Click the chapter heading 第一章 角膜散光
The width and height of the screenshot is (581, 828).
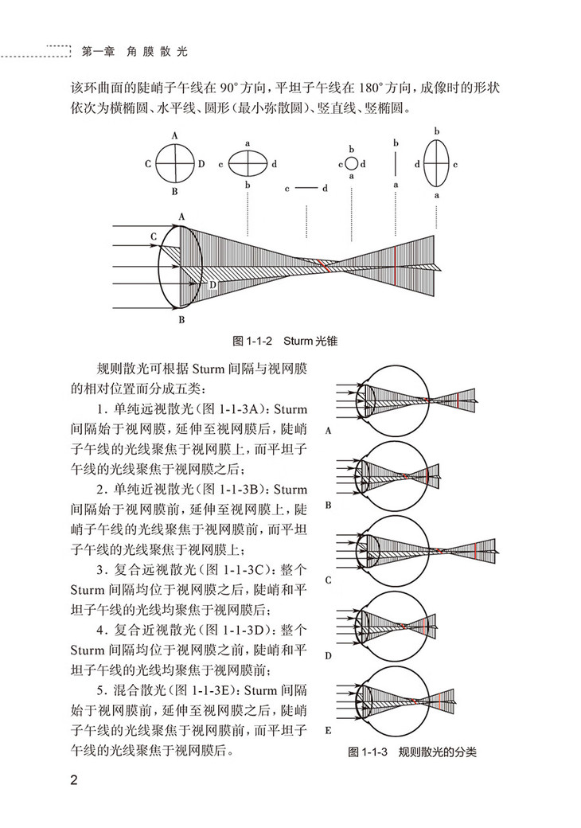pyautogui.click(x=135, y=53)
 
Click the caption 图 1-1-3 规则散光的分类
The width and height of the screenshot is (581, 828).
pyautogui.click(x=412, y=752)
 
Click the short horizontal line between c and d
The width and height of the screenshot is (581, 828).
pyautogui.click(x=306, y=189)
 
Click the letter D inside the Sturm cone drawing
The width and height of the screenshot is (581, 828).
pyautogui.click(x=213, y=283)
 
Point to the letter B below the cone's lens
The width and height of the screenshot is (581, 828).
pyautogui.click(x=181, y=320)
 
